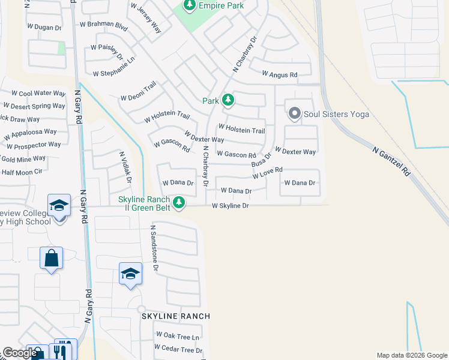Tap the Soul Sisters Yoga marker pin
click(294, 113)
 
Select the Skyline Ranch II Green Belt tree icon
click(179, 203)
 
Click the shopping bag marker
click(51, 259)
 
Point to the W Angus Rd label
click(280, 74)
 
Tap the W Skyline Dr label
click(230, 206)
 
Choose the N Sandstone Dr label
click(154, 248)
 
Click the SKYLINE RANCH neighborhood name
click(175, 316)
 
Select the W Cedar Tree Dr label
click(178, 349)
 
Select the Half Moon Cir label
click(22, 172)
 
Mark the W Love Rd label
click(267, 173)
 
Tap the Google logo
click(20, 353)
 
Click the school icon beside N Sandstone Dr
click(130, 274)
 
